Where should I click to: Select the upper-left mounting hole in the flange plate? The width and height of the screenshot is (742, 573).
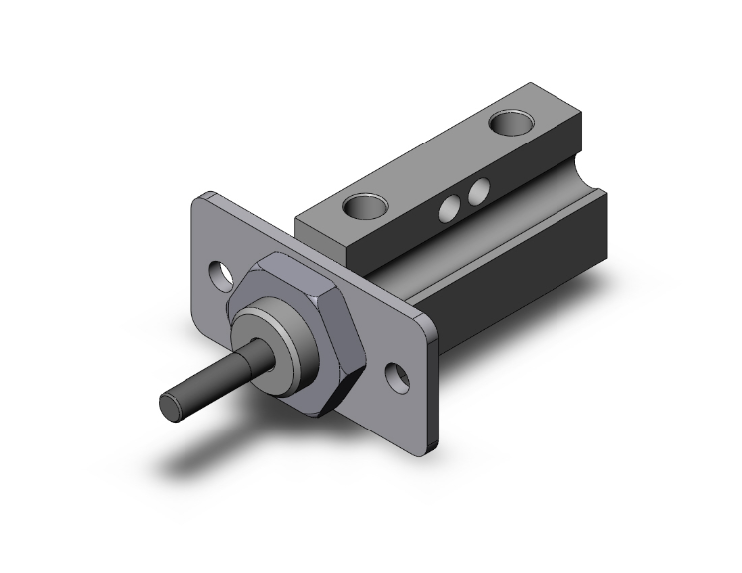[222, 272]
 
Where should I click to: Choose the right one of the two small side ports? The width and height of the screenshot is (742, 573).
[479, 189]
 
